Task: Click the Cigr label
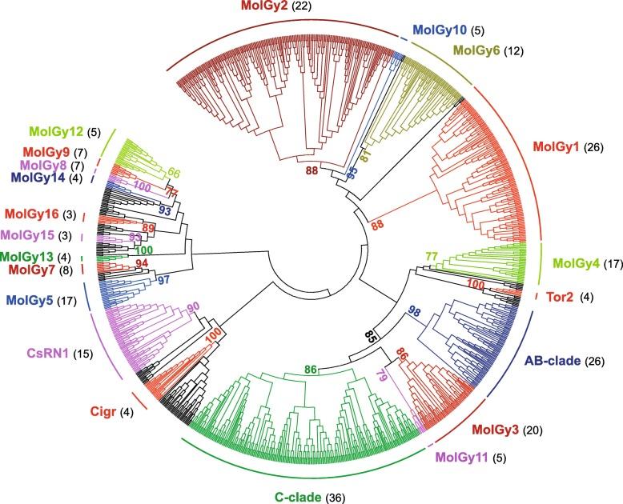(102, 412)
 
